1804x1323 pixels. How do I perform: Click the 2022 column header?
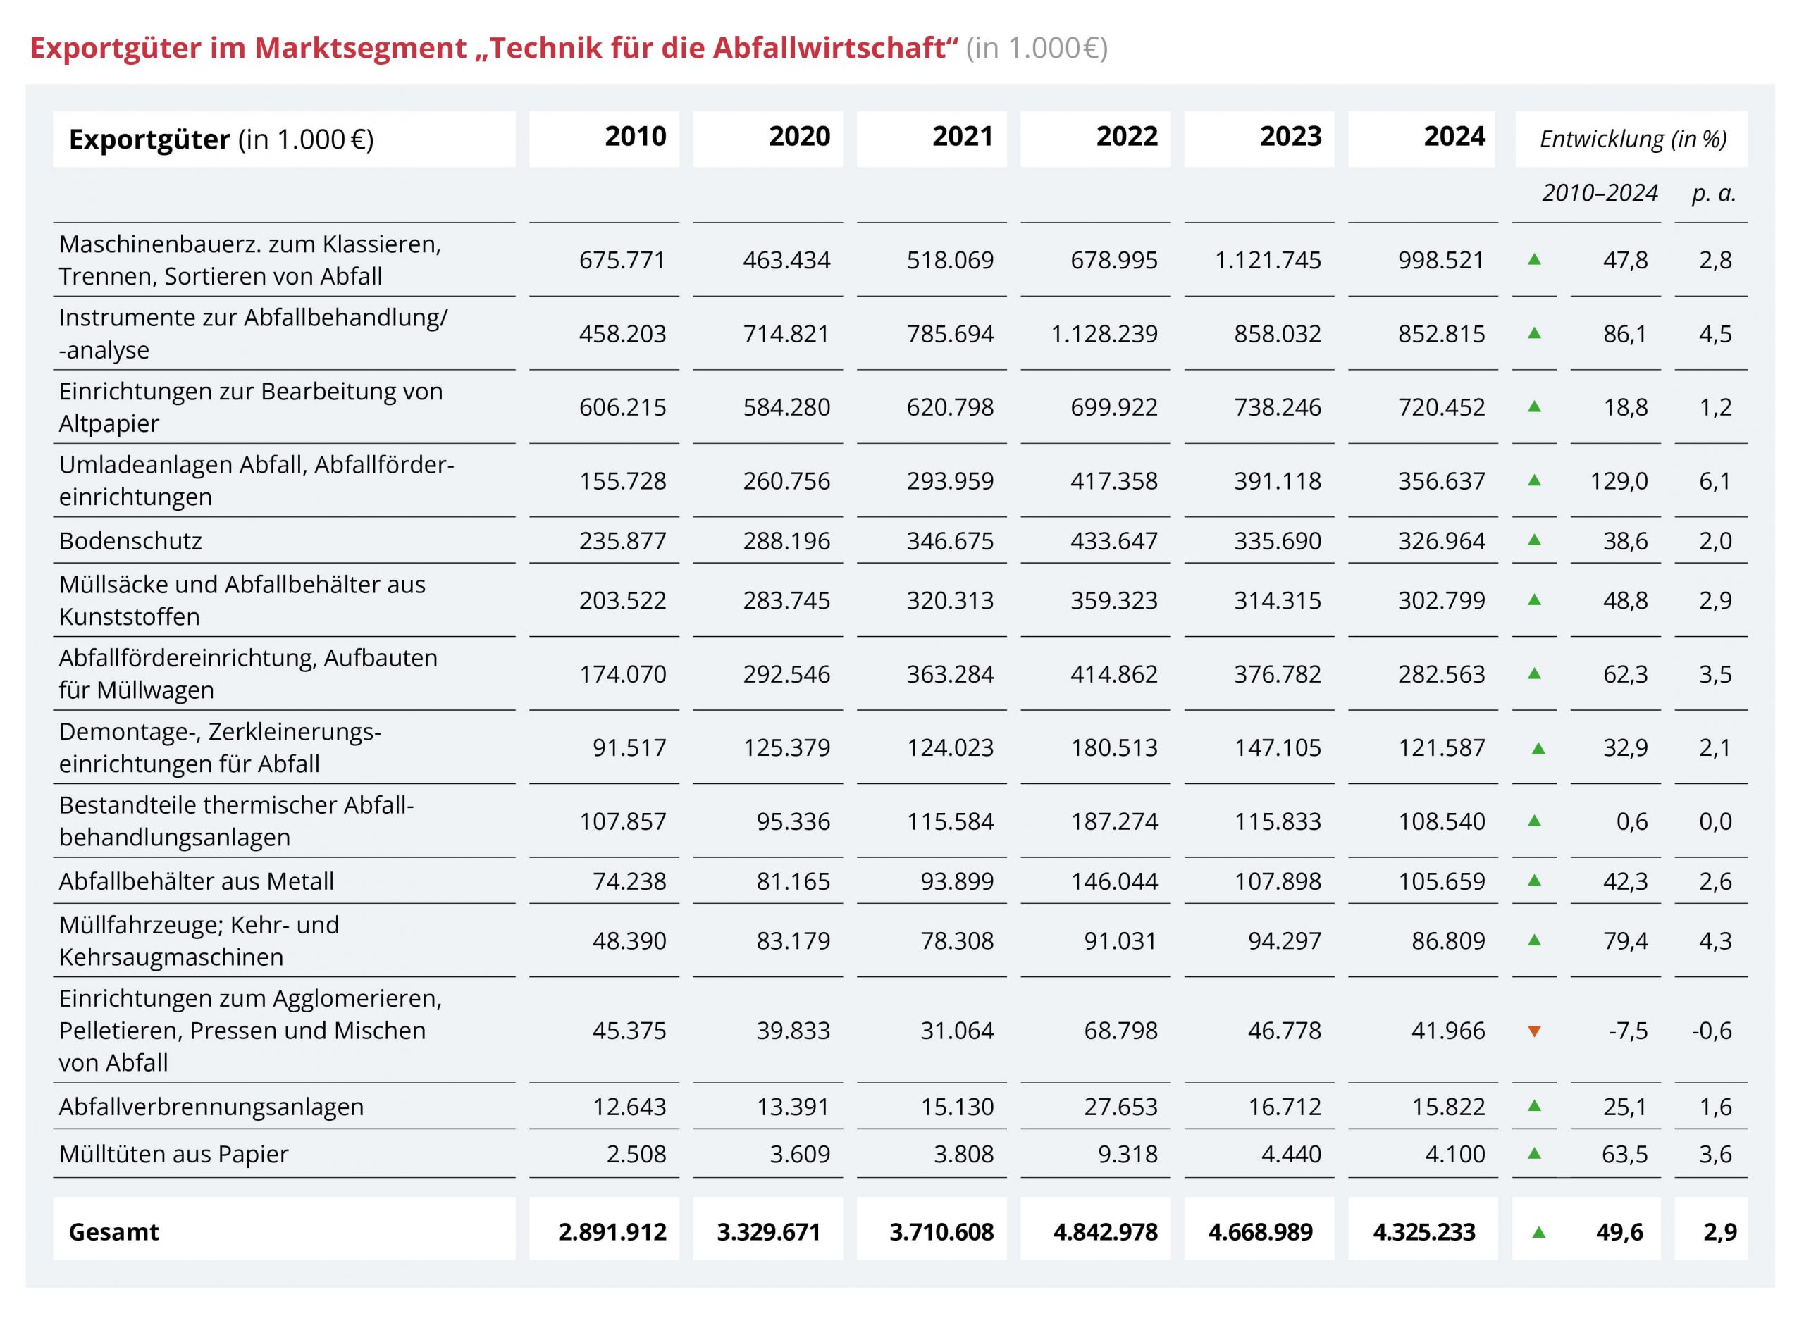click(x=1126, y=136)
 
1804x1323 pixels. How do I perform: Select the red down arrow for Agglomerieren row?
click(x=1534, y=1031)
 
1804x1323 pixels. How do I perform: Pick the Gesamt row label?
click(x=113, y=1231)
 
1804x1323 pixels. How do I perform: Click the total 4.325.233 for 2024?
click(x=1423, y=1231)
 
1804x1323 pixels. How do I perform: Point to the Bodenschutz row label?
click(x=130, y=540)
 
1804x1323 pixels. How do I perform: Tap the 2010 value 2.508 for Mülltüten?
click(x=636, y=1153)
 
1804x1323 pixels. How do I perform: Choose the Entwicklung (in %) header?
click(x=1633, y=139)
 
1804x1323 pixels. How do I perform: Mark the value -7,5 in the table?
click(x=1628, y=1031)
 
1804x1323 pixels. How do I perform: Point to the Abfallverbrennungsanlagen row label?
click(x=211, y=1106)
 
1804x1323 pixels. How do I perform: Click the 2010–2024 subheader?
click(x=1599, y=193)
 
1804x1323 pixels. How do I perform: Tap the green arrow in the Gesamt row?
click(x=1538, y=1231)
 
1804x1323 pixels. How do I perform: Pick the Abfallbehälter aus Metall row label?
click(x=197, y=881)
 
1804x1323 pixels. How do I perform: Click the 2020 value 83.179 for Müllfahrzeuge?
click(x=793, y=940)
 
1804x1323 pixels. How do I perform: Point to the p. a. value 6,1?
click(x=1715, y=480)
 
